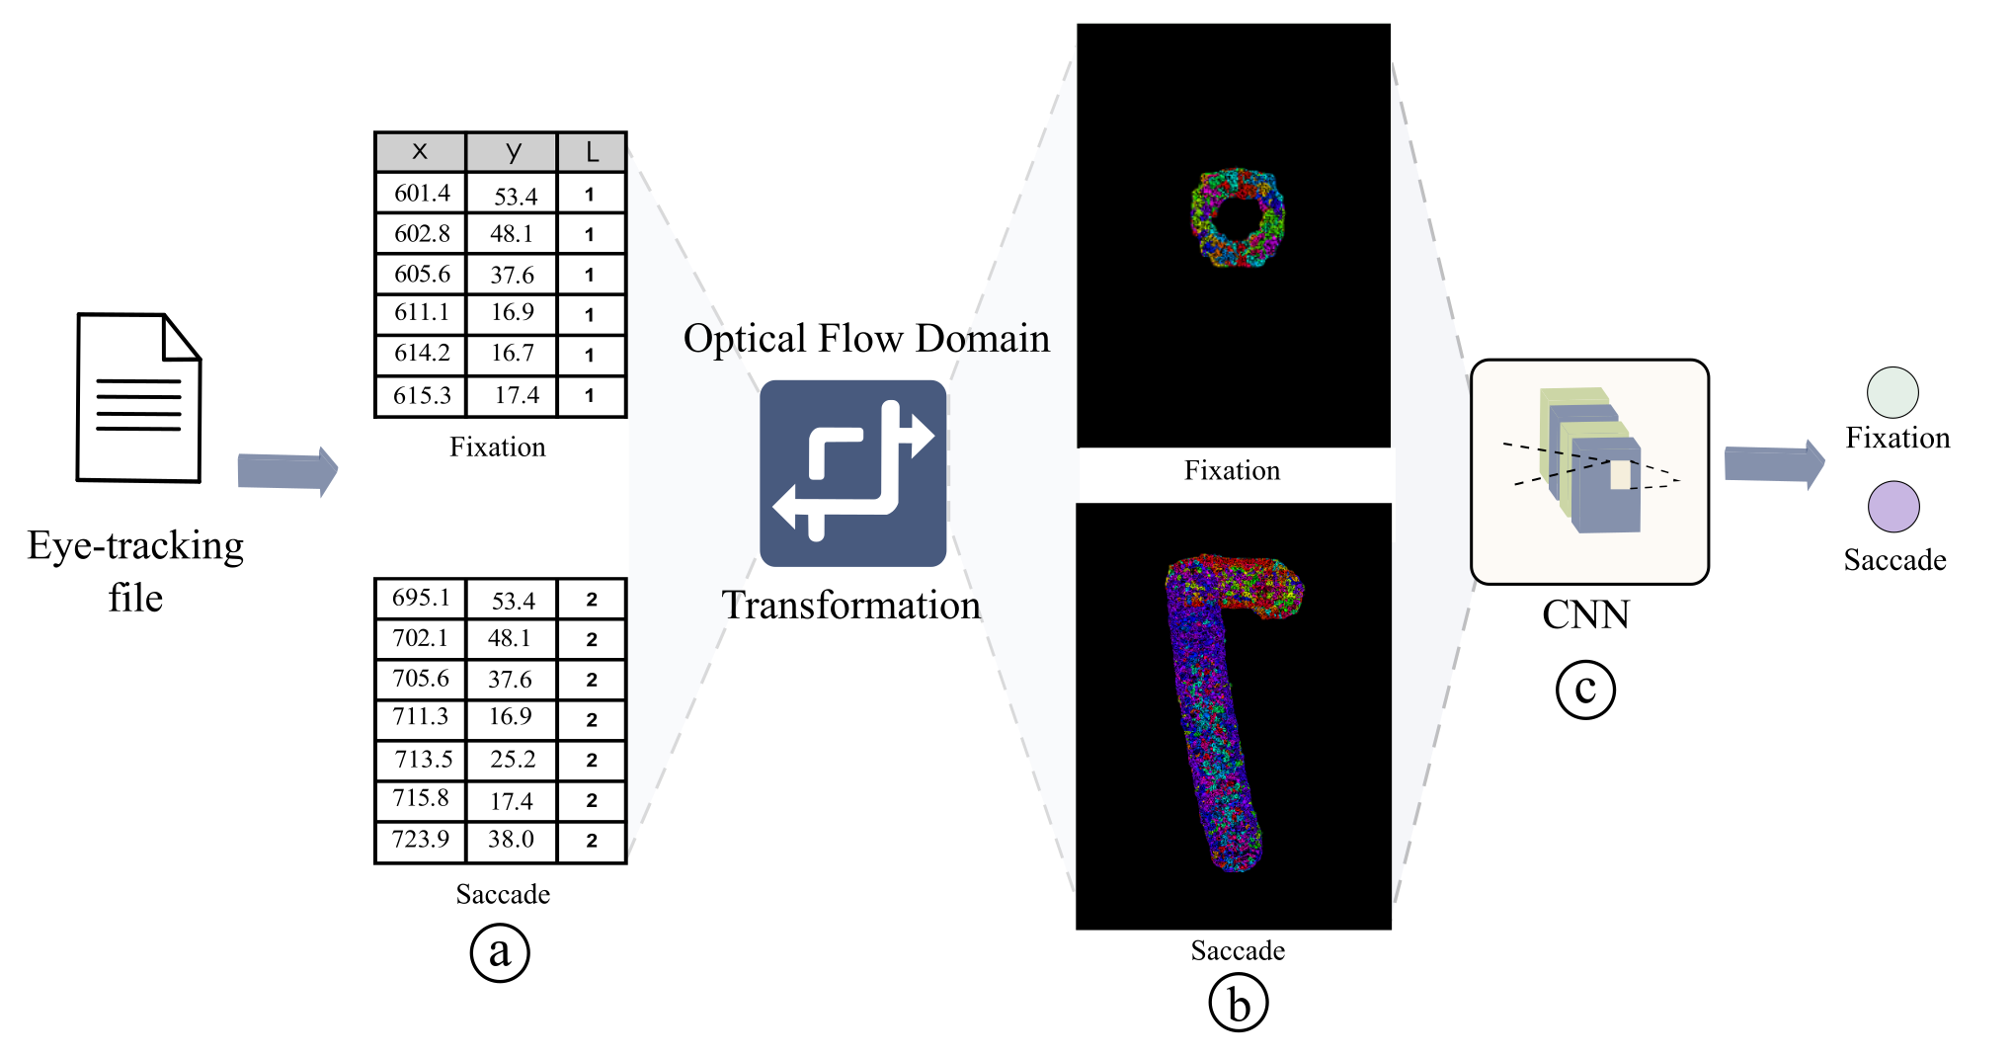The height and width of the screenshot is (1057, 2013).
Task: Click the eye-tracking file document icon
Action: [x=138, y=398]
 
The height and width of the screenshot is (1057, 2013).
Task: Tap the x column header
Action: [x=420, y=152]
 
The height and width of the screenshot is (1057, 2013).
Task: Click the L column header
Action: [x=592, y=152]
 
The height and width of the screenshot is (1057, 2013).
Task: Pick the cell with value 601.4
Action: [x=422, y=194]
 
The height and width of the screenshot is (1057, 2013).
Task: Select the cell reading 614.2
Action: [x=422, y=354]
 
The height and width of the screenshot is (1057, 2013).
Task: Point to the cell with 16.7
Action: [x=513, y=354]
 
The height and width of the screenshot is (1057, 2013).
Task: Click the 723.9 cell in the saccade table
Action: [x=421, y=840]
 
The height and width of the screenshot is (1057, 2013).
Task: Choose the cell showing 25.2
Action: [x=513, y=760]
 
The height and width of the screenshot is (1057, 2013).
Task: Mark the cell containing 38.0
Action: [x=512, y=840]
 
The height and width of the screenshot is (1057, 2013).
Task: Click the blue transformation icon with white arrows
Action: [x=853, y=473]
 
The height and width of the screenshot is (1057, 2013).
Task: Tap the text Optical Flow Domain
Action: [x=866, y=339]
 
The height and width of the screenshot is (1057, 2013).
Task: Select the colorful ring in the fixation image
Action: [x=1237, y=217]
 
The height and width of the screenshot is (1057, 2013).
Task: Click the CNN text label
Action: [x=1585, y=615]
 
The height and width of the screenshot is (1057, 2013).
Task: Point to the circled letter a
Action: [x=500, y=952]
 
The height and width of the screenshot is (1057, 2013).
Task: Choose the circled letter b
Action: [x=1238, y=1003]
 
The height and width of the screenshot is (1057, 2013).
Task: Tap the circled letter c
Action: [x=1585, y=690]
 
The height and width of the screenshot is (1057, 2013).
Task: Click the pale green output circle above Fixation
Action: [x=1892, y=393]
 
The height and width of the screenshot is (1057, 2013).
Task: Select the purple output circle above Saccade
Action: [x=1893, y=507]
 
